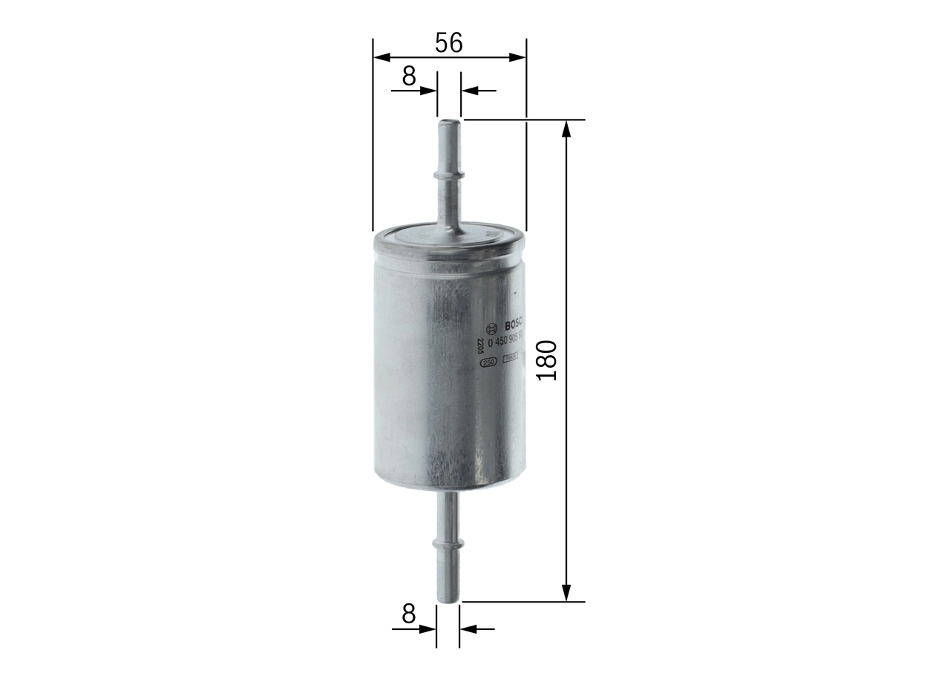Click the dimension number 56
449,43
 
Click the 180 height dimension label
546,360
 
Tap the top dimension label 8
409,75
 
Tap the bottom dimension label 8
408,614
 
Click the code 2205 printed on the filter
480,346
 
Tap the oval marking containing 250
488,363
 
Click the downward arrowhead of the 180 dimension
566,591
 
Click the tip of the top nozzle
448,123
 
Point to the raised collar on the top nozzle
448,175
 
